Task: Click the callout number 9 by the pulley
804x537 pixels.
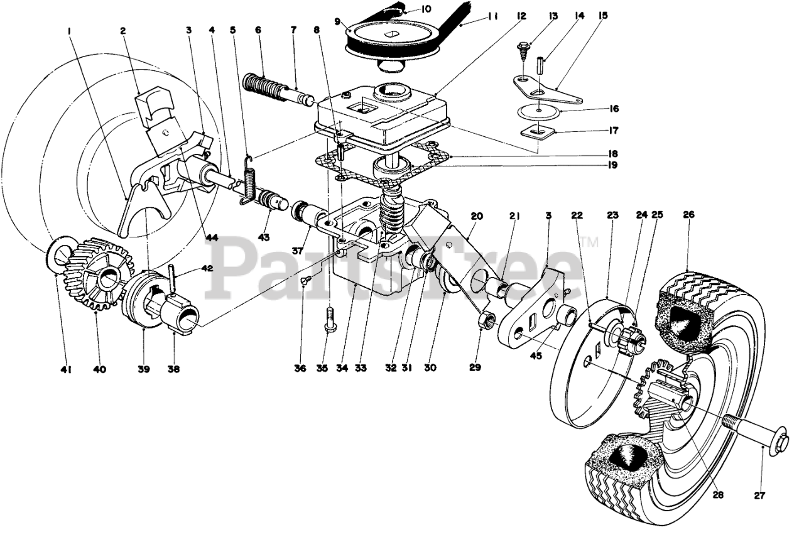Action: click(339, 20)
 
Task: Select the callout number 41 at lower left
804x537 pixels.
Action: click(66, 370)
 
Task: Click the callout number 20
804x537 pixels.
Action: click(477, 215)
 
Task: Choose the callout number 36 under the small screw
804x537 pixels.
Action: click(301, 369)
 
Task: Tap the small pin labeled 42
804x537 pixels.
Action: click(171, 277)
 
